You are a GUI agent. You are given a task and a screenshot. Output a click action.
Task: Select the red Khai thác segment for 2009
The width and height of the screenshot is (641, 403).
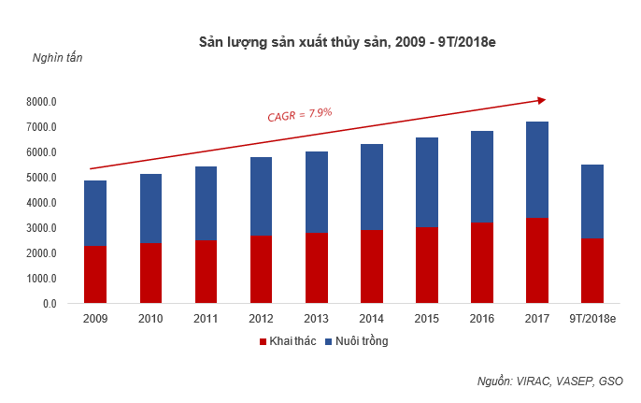pyautogui.click(x=94, y=275)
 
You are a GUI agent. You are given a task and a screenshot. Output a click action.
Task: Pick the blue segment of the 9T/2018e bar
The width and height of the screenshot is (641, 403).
pyautogui.click(x=592, y=201)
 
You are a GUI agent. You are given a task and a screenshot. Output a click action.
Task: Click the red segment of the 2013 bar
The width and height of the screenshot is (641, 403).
pyautogui.click(x=316, y=268)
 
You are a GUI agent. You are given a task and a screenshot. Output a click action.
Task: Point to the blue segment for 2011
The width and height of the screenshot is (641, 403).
pyautogui.click(x=206, y=203)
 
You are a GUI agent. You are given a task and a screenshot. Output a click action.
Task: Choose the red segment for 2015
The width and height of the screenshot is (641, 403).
pyautogui.click(x=426, y=266)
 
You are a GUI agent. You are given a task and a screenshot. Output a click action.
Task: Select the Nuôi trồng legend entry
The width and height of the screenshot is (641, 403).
pyautogui.click(x=356, y=341)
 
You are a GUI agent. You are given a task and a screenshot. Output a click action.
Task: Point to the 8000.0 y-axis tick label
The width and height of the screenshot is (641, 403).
pyautogui.click(x=42, y=102)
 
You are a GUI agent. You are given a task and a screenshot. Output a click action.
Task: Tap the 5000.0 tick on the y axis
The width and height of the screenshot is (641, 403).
pyautogui.click(x=42, y=178)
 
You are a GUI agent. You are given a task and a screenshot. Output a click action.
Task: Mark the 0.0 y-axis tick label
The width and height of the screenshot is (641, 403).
pyautogui.click(x=50, y=304)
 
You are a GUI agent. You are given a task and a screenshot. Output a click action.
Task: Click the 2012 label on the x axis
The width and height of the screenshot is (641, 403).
pyautogui.click(x=261, y=319)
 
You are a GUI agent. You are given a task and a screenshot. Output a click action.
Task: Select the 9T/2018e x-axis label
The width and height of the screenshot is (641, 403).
pyautogui.click(x=592, y=319)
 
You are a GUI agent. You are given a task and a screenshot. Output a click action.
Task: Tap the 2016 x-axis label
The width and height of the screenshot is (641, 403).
pyautogui.click(x=482, y=319)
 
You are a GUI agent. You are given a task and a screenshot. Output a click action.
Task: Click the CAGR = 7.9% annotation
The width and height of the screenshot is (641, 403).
pyautogui.click(x=300, y=115)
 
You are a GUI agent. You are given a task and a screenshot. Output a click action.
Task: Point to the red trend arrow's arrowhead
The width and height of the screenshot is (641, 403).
pyautogui.click(x=541, y=99)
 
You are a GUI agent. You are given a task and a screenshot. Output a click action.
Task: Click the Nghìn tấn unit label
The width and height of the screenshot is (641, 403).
pyautogui.click(x=58, y=59)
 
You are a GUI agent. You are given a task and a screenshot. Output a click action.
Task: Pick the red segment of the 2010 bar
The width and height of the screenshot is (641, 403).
pyautogui.click(x=150, y=273)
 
